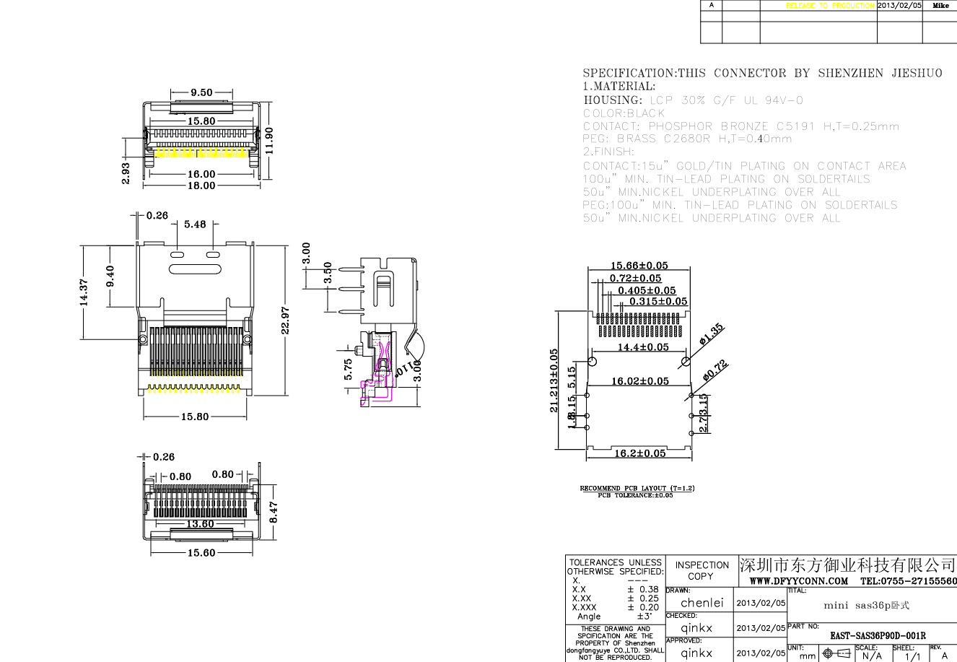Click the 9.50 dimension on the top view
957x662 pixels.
(x=201, y=92)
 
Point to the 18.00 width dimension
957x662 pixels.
(x=201, y=186)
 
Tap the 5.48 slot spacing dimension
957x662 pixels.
(x=195, y=225)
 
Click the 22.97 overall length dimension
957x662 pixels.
(x=285, y=321)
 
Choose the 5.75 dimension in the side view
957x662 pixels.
(x=349, y=370)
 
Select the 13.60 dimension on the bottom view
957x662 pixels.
(x=200, y=524)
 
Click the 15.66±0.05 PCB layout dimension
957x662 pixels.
(x=639, y=266)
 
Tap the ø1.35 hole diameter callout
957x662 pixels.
(x=712, y=334)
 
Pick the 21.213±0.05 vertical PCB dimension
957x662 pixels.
(x=554, y=380)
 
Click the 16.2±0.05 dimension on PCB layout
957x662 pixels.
(x=639, y=453)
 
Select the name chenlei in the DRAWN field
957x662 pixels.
(x=702, y=602)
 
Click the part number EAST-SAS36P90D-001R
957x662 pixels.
(x=877, y=636)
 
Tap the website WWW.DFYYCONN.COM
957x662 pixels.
(x=798, y=581)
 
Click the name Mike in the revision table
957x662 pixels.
(x=940, y=5)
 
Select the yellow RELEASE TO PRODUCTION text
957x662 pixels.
(x=830, y=5)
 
